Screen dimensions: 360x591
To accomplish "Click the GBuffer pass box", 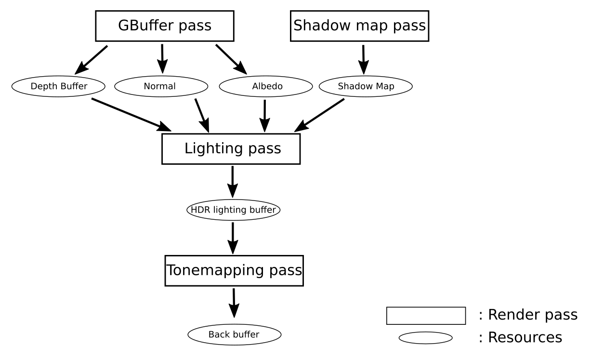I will pos(164,25).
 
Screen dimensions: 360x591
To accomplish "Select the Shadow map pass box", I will pos(359,25).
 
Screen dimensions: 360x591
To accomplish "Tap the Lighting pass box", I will pos(231,148).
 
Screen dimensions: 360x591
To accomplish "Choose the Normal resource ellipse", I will pos(160,87).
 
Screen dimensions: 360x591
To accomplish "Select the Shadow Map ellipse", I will pos(366,87).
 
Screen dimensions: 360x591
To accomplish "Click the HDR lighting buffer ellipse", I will pos(234,210).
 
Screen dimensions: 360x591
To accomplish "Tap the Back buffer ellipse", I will pos(234,334).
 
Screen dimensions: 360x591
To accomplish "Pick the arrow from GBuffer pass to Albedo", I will pos(231,59).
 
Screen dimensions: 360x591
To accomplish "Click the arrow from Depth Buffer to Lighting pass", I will pos(131,114).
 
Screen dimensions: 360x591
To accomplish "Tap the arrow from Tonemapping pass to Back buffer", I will pos(234,303).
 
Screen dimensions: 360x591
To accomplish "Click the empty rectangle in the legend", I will pos(426,316).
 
